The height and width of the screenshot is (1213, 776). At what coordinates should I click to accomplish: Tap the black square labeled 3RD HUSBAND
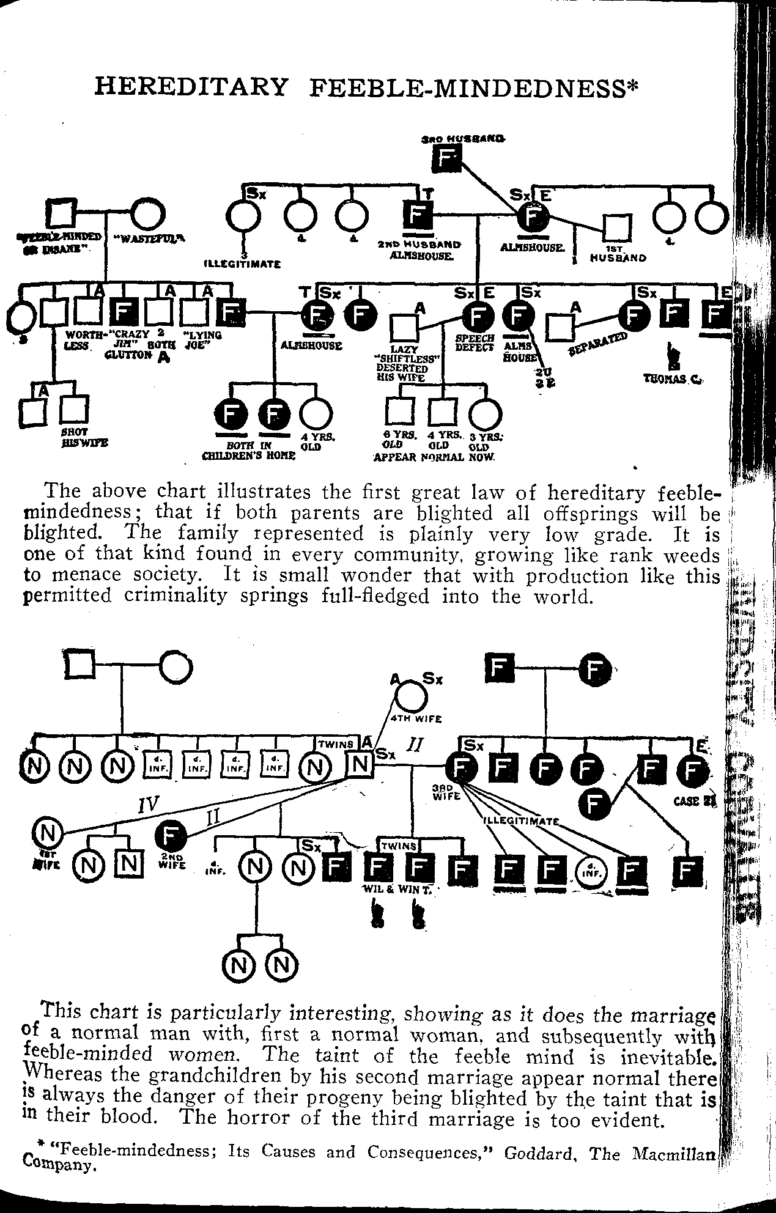(x=446, y=161)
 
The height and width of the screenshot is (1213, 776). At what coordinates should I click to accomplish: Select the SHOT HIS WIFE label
(x=76, y=437)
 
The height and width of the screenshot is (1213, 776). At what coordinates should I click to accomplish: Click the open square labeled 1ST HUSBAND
(x=616, y=227)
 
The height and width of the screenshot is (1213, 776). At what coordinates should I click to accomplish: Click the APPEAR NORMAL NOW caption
(x=434, y=457)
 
